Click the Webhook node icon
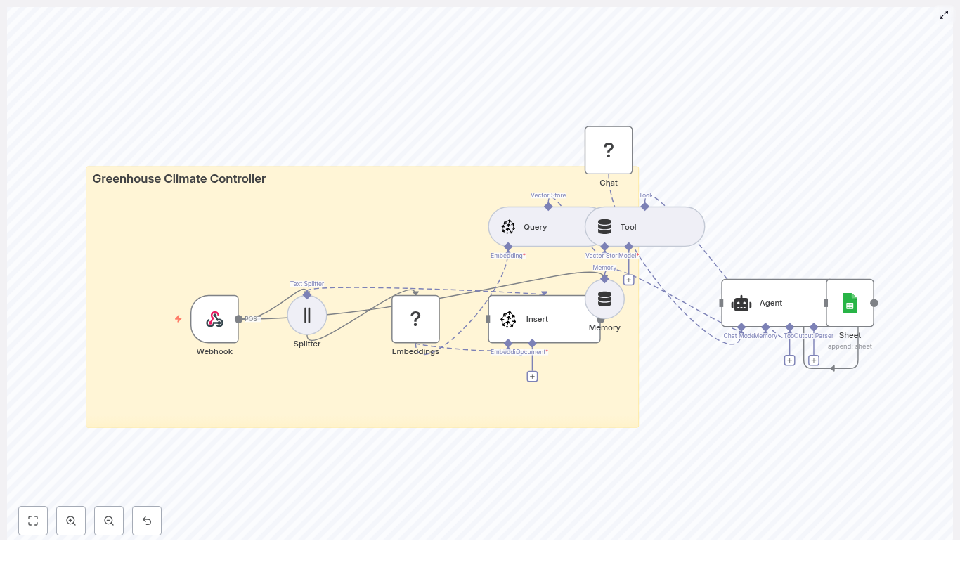(x=214, y=319)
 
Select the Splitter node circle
(x=307, y=315)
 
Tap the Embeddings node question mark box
(x=415, y=319)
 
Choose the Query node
(x=534, y=227)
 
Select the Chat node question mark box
(x=609, y=150)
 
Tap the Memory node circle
(x=604, y=299)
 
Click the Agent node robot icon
(x=741, y=304)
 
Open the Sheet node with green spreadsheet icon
(x=850, y=303)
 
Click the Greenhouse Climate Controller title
(x=179, y=178)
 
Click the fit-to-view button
(x=33, y=521)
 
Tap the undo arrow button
(x=147, y=521)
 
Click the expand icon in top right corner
(x=944, y=15)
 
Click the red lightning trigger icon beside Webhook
(x=179, y=318)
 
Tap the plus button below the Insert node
(x=532, y=377)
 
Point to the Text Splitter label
(x=307, y=284)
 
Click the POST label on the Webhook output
(x=252, y=319)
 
